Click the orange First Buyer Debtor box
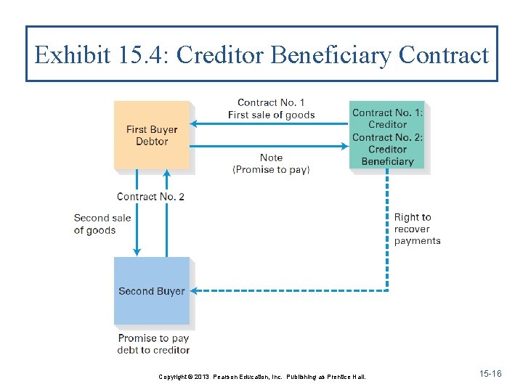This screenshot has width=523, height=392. click(151, 135)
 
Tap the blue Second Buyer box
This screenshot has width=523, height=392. click(151, 290)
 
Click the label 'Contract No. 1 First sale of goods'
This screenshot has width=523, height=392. click(271, 109)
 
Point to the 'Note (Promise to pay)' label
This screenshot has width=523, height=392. click(271, 163)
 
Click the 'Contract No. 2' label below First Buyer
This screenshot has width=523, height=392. click(150, 197)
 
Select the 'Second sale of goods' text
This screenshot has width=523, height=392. click(102, 224)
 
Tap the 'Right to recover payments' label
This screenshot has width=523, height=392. click(417, 229)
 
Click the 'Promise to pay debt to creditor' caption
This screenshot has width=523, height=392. click(153, 343)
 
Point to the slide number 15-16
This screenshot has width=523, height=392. click(490, 373)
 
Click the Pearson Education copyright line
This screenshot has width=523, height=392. click(262, 377)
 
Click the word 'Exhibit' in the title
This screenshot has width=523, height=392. click(71, 55)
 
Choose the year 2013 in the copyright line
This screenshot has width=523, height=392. click(200, 377)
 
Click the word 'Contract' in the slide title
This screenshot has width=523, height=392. click(445, 55)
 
